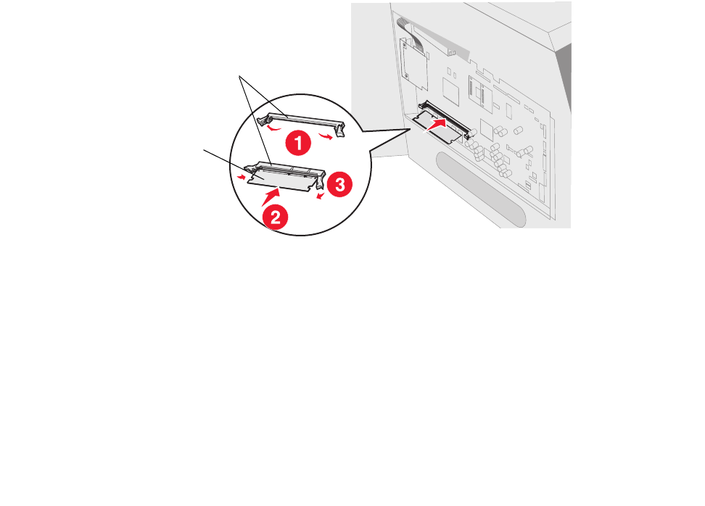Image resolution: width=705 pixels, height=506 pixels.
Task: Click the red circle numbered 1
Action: tap(298, 143)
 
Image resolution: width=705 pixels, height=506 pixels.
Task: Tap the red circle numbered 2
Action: tap(275, 217)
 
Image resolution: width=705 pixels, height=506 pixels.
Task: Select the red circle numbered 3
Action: tap(339, 184)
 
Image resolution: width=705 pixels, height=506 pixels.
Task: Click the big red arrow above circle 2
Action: tap(271, 197)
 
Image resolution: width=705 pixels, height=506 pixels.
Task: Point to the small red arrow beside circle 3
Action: tap(321, 196)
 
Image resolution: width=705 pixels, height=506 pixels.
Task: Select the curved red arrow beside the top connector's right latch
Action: tap(326, 136)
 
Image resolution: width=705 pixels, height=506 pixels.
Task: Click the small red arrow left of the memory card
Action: tap(242, 178)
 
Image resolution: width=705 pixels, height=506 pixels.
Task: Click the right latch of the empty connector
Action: tap(339, 130)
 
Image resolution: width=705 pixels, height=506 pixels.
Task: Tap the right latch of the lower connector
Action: tap(320, 181)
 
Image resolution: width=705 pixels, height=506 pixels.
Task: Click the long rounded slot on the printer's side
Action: tap(481, 189)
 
